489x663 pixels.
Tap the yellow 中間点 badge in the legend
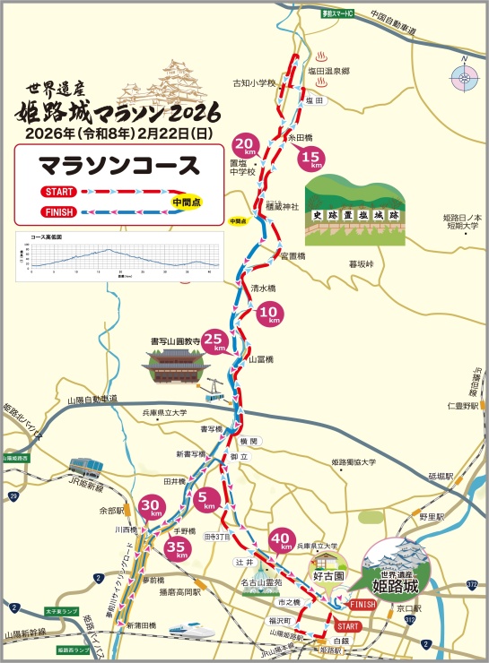pos(187,202)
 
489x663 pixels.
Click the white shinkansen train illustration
pos(190,629)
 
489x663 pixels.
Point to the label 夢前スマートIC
pos(327,14)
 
